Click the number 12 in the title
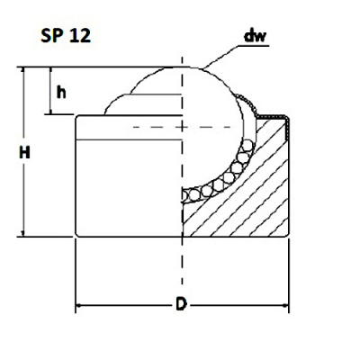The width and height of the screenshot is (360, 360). (79, 38)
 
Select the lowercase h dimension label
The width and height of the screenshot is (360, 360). (61, 92)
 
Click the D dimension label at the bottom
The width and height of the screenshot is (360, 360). (181, 306)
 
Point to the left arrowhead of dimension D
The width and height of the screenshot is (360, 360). (79, 306)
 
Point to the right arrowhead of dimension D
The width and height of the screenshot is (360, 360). (285, 306)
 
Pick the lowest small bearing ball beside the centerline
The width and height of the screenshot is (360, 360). (189, 193)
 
